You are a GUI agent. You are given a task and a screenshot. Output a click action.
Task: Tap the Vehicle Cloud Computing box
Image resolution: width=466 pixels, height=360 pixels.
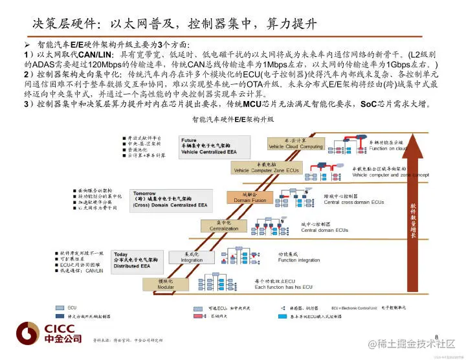(x=296, y=144)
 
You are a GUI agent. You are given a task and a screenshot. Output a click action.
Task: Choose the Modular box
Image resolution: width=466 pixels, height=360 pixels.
(x=165, y=284)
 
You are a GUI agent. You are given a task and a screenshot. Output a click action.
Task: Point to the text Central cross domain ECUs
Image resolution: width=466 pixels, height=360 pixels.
(x=355, y=202)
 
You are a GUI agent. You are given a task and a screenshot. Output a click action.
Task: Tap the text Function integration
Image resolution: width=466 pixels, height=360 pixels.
(x=299, y=260)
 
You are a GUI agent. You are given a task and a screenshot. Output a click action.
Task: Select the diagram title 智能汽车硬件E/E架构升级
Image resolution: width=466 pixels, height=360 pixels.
(x=233, y=120)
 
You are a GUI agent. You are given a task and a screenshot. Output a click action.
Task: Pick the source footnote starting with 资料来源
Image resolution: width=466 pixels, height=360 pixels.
(x=128, y=339)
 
